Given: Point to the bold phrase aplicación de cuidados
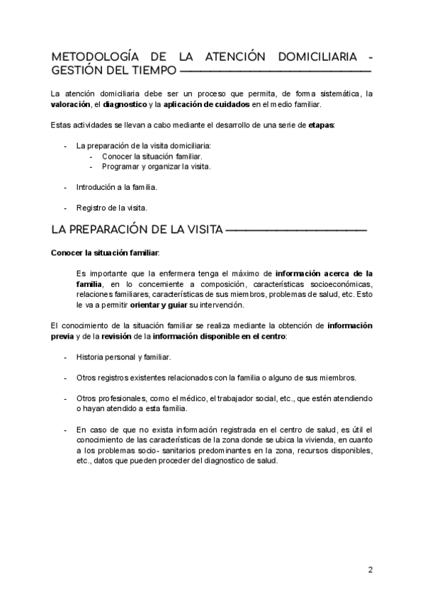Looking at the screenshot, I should point(206,104).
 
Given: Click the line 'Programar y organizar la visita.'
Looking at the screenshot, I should point(156,167).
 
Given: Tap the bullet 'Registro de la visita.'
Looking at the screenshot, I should point(111,208).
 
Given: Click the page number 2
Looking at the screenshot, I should point(370,570).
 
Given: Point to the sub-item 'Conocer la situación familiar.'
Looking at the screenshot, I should point(152,156).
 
